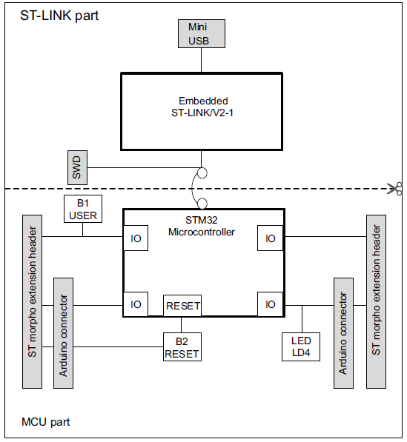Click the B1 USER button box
[83, 210]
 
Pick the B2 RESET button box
[182, 346]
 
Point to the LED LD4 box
[302, 346]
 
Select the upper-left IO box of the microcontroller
[136, 238]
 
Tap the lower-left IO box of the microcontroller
[136, 304]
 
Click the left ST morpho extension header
[33, 301]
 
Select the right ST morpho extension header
[376, 301]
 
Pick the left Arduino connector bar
[64, 332]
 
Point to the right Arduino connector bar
[343, 332]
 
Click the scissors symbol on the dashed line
[397, 188]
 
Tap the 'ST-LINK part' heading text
[59, 16]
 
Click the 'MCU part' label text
[45, 421]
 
